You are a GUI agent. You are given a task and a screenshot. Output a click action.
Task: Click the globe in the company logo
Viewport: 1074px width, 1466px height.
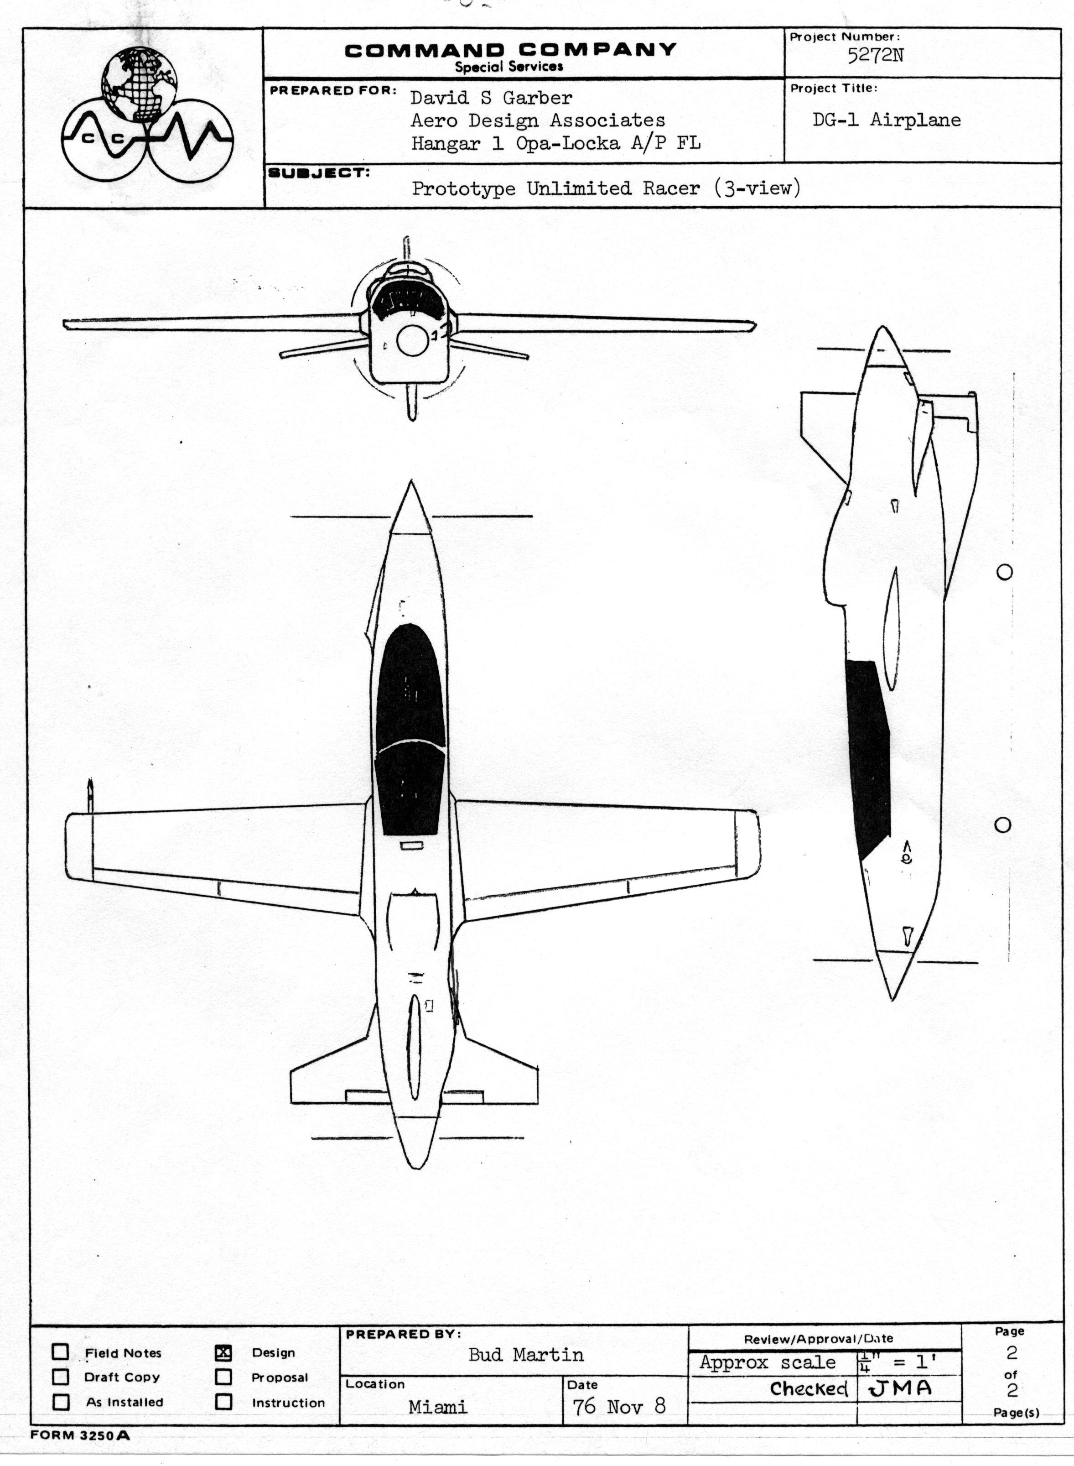click(x=139, y=84)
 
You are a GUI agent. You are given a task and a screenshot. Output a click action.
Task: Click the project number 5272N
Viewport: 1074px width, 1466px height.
click(x=875, y=55)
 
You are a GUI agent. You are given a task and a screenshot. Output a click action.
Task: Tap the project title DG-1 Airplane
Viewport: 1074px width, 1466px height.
click(x=886, y=120)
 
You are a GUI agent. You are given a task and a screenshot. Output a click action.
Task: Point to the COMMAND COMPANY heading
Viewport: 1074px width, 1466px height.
click(x=510, y=50)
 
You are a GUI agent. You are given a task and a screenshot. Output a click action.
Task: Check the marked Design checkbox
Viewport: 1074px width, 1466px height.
click(x=223, y=1353)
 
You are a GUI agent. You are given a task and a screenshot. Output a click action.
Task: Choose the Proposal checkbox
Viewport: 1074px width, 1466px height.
click(x=223, y=1377)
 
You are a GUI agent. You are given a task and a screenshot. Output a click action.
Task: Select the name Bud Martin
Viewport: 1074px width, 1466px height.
click(x=526, y=1355)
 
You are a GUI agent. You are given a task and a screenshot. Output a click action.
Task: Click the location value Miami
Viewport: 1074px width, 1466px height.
click(x=437, y=1407)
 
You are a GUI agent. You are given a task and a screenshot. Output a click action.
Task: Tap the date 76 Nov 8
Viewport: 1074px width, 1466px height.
click(x=619, y=1406)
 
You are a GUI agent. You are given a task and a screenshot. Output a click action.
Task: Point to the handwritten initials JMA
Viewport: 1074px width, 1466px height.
click(x=900, y=1388)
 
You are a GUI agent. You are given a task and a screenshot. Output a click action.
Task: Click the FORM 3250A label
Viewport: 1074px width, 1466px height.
click(x=80, y=1435)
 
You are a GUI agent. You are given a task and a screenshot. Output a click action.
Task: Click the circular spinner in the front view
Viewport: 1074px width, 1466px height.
click(x=412, y=341)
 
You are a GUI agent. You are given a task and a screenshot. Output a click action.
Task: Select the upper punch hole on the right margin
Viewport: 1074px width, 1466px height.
click(x=1004, y=572)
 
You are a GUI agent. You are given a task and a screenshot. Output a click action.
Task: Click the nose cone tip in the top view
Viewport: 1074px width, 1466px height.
click(x=410, y=481)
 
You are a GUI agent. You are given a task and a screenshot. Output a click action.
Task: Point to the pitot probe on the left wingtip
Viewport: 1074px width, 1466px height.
click(x=90, y=795)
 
